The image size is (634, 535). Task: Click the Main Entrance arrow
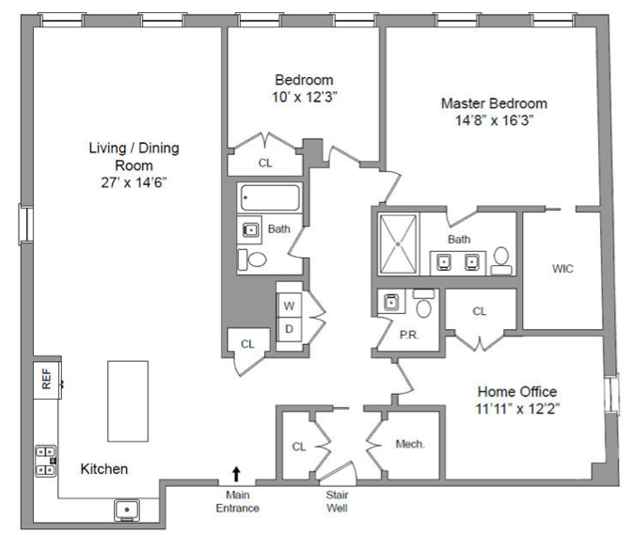coord(236,475)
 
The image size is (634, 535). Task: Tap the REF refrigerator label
coord(46,379)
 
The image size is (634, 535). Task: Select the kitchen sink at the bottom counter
coord(127,510)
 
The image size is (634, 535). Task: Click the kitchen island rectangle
coord(128,401)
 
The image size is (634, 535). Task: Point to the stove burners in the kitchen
coord(46,461)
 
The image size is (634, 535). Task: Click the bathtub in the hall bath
coord(271,197)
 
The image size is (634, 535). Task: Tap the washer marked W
coord(289,306)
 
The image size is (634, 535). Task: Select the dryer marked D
coord(289,329)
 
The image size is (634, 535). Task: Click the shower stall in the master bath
coord(398,244)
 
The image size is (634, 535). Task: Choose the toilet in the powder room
coord(423,304)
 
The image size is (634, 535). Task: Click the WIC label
coord(563,269)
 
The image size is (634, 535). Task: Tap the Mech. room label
coord(410,445)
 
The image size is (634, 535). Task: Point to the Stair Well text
coord(337,501)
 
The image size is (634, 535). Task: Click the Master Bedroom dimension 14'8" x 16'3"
coord(494,120)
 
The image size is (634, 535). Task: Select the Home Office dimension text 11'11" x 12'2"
coord(517,409)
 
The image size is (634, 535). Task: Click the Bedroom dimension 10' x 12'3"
coord(305,97)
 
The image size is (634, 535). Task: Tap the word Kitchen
coord(103,469)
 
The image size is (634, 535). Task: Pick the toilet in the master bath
coord(501,261)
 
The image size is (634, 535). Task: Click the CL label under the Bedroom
coord(265,163)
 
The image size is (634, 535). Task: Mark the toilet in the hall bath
coord(253,260)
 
